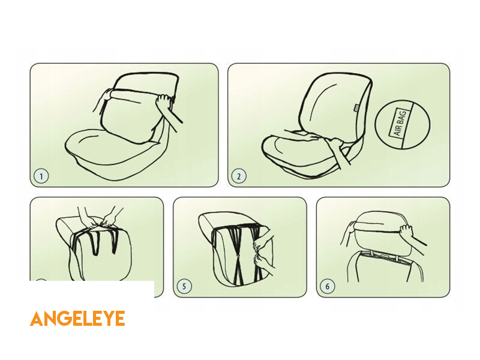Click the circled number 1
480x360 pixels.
41,176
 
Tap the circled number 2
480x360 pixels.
239,176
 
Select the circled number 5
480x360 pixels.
184,286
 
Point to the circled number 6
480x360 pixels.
327,286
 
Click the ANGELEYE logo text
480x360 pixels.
77,319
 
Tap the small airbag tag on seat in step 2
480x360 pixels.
357,107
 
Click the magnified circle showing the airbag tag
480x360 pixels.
402,124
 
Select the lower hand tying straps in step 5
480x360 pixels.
263,263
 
